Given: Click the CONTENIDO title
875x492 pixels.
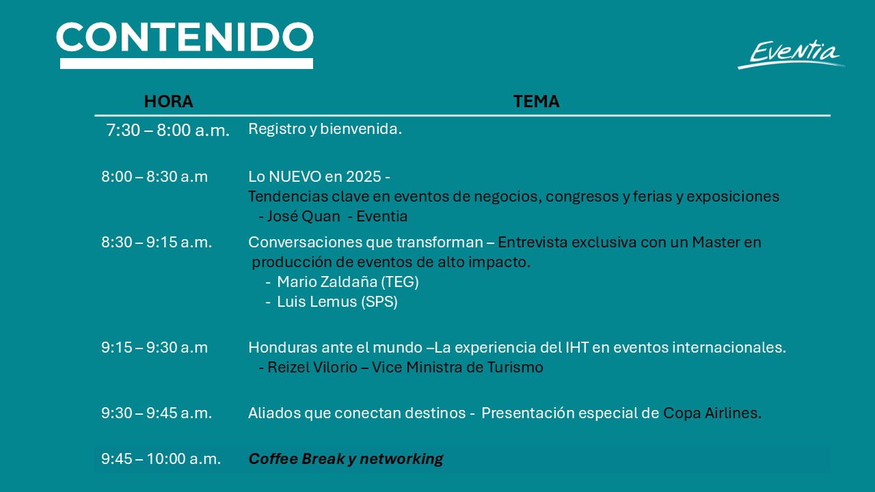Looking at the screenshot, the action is coord(185,37).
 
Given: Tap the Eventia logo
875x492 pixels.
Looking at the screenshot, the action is coord(792,55).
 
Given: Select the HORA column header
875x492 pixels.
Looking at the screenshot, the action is coord(168,102).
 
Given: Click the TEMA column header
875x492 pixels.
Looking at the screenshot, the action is coord(536,102).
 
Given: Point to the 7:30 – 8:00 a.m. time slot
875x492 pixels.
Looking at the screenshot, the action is coord(167,130).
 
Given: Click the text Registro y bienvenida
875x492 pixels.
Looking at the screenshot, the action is coord(325,129).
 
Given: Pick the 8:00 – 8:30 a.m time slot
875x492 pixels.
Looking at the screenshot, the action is coord(154,177).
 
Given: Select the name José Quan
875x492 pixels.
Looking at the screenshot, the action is coord(304,217).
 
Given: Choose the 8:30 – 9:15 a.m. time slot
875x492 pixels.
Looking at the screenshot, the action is coord(157,243).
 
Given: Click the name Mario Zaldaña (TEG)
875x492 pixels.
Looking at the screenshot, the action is coord(348,282).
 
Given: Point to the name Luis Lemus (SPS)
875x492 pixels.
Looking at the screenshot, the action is coord(337,302).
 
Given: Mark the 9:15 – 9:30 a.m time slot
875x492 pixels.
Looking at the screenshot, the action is coord(154,348).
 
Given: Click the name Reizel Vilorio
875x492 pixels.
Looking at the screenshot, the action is coord(312,368).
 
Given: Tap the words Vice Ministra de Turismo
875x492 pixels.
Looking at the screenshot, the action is coord(457,368).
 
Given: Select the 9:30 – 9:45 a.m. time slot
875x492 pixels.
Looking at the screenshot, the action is coord(157,413).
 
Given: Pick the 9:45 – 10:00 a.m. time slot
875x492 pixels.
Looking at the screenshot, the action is coord(161,459).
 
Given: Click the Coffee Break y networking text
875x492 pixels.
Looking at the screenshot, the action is coord(346,459).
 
